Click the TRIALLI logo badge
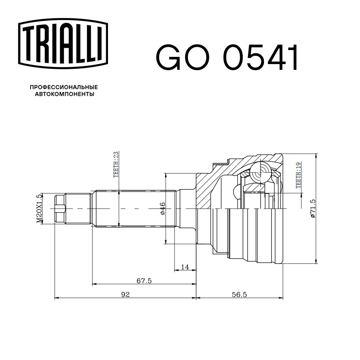(63, 44)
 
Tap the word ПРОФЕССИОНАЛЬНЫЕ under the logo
(64, 87)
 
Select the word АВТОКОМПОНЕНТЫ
(64, 94)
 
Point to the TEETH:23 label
(116, 164)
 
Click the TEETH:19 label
(298, 175)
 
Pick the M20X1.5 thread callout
(39, 208)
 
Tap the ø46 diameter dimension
(162, 208)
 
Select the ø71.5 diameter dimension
(313, 208)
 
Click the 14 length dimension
(185, 267)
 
